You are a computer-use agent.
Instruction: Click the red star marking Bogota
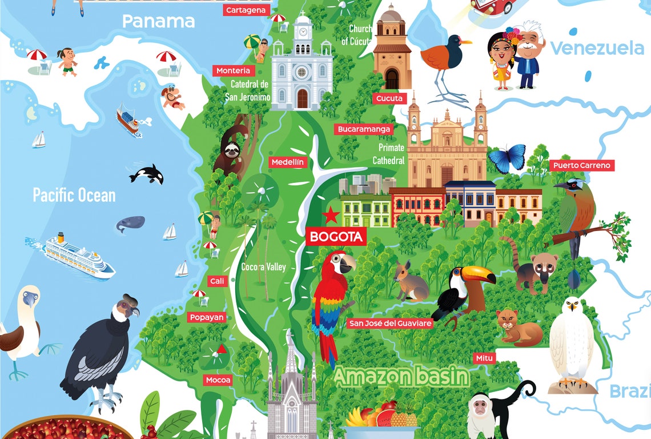[x=331, y=215]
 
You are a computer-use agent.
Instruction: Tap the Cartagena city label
[x=246, y=10]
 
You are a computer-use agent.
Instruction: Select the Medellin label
[x=288, y=162]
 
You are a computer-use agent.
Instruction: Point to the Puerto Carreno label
[x=582, y=166]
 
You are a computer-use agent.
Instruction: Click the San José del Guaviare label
[x=391, y=324]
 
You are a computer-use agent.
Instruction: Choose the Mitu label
[x=484, y=358]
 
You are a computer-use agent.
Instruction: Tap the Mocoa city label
[x=219, y=380]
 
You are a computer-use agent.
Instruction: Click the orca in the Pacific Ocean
[x=147, y=174]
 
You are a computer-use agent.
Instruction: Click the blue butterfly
[x=506, y=158]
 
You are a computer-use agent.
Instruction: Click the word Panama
[x=158, y=22]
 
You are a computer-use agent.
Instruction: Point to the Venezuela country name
[x=597, y=48]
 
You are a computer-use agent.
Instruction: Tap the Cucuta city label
[x=389, y=98]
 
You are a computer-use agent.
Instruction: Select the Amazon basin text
[x=401, y=376]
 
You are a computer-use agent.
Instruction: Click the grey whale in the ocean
[x=131, y=224]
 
